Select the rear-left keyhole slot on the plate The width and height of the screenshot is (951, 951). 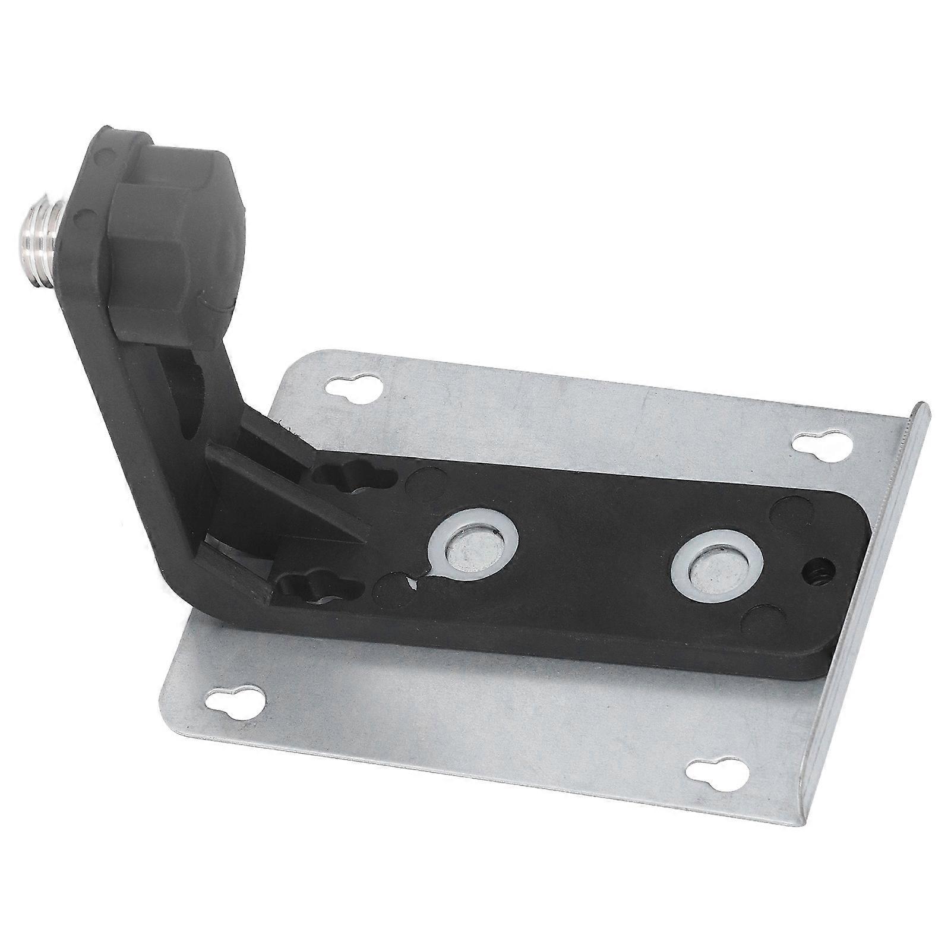point(353,388)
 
